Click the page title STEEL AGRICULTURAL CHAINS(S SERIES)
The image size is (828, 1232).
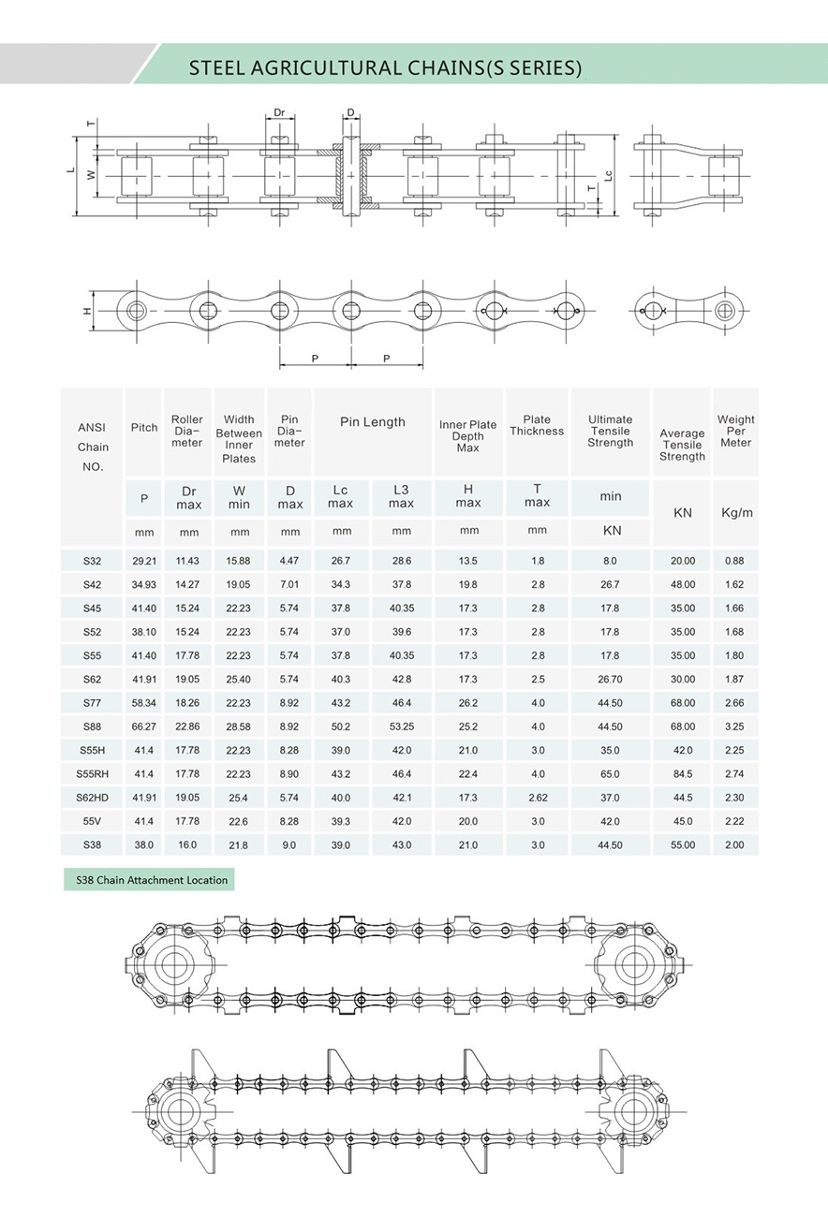coord(385,67)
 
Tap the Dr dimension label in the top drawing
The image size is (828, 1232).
coord(279,113)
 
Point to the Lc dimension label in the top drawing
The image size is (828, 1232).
coord(609,175)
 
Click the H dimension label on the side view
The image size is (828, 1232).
coord(87,310)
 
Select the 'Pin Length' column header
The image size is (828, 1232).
coord(372,422)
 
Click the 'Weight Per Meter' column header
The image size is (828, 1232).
coord(735,431)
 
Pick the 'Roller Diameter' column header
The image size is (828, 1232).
coord(187,431)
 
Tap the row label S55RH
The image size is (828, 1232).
coord(92,774)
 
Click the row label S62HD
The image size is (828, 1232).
coord(92,798)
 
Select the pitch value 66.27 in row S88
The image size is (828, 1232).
coord(144,726)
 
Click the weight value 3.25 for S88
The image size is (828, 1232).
coord(735,726)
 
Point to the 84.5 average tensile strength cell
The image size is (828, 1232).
coord(682,774)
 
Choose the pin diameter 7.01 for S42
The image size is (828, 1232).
coord(289,584)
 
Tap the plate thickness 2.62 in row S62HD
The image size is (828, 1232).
coord(537,798)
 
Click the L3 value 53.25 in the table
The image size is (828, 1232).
coord(402,726)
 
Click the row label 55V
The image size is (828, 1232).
coord(92,821)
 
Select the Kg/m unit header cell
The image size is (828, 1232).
coord(735,512)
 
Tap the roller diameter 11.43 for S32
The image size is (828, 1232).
coord(188,561)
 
